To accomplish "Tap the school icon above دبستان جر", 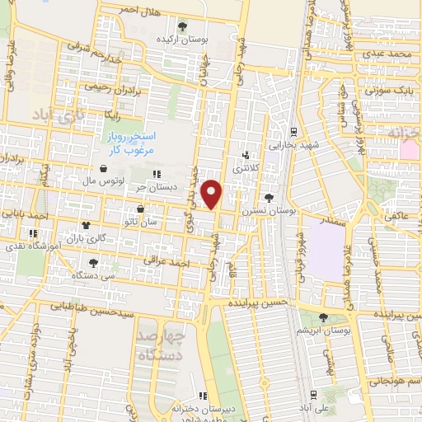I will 157,174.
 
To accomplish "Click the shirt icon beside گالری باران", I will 85,225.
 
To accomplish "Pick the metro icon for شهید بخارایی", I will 294,130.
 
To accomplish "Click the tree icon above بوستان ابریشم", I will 322,317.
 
